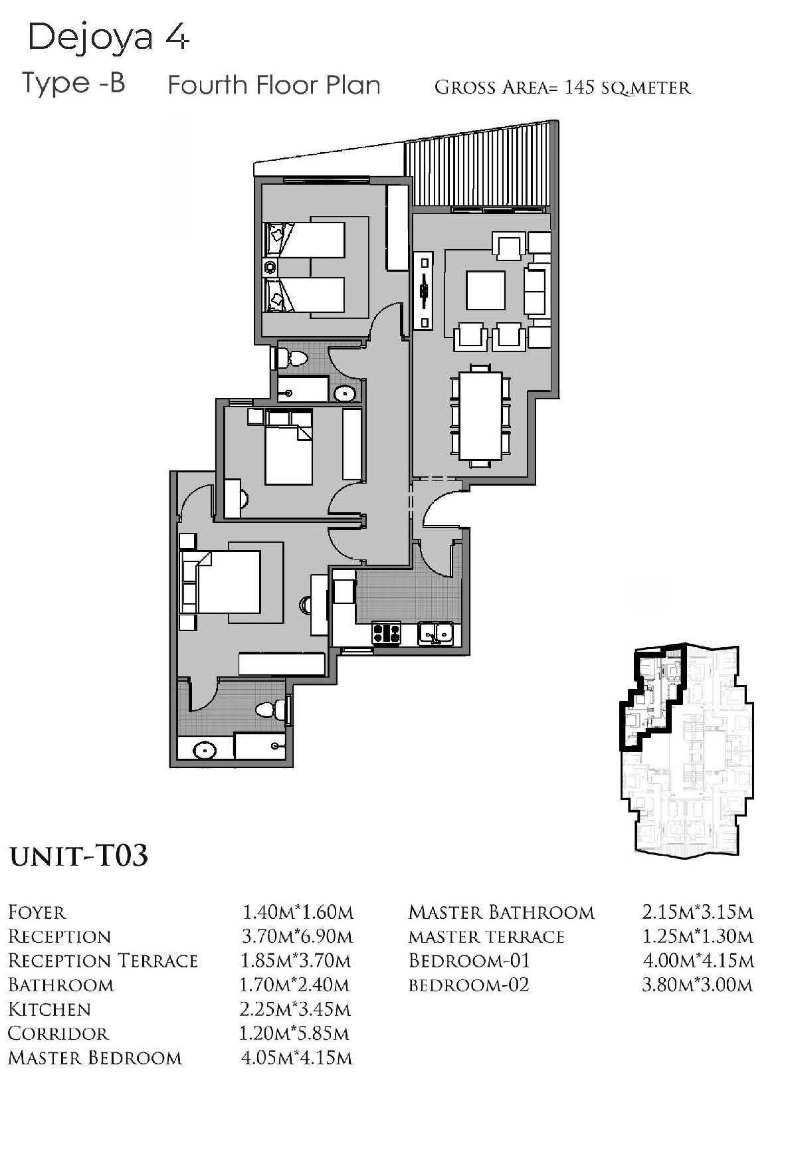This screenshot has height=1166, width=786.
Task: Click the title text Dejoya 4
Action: point(108,39)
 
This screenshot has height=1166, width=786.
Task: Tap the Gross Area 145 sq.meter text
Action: point(562,87)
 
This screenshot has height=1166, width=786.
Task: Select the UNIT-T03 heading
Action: point(78,856)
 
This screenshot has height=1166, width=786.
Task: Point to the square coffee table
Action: point(486,290)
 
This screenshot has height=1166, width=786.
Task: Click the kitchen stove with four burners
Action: point(386,633)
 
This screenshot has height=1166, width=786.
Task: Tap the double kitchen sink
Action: point(435,633)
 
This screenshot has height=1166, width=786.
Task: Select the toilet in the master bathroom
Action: point(268,710)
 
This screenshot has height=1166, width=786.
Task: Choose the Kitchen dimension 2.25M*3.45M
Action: point(295,1009)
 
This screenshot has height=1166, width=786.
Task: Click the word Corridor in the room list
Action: point(58,1034)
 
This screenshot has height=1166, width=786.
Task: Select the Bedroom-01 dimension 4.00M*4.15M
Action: point(698,961)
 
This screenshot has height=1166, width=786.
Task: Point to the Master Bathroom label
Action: point(502,912)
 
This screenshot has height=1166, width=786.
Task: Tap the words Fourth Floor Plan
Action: point(274,85)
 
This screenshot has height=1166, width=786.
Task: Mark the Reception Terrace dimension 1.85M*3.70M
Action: point(296,961)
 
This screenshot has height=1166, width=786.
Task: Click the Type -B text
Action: point(74,83)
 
